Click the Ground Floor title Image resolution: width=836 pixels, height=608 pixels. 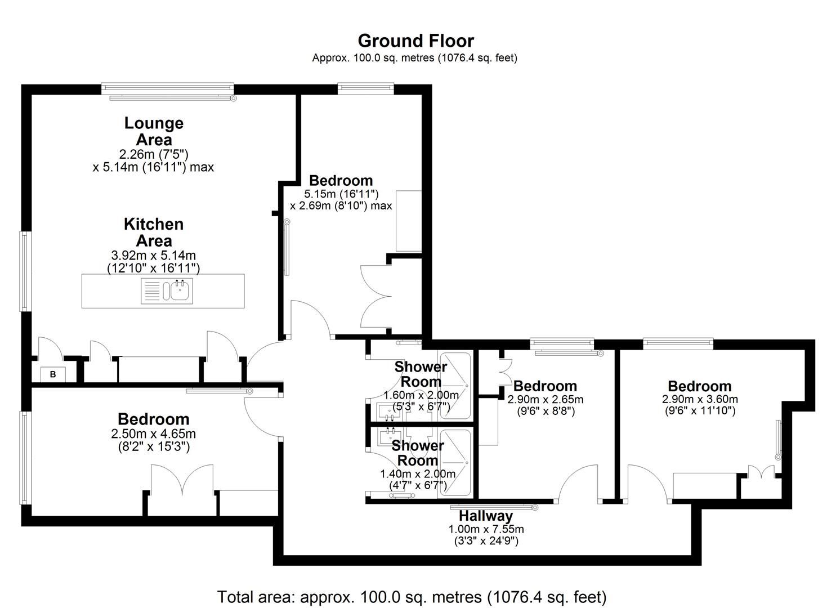[416, 41]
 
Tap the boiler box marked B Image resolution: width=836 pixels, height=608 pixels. [53, 374]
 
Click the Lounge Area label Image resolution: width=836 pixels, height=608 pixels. [154, 131]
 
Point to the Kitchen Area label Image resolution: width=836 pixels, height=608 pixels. [154, 232]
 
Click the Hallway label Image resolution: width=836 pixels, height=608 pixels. [485, 516]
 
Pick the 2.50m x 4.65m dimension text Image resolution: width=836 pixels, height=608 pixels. [153, 433]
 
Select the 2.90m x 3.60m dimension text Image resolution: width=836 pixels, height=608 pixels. [700, 399]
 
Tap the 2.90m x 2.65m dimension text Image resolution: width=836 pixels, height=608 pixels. [546, 399]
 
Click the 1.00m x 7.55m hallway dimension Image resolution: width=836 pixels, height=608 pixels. [486, 529]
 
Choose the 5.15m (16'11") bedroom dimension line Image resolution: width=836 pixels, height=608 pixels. [341, 194]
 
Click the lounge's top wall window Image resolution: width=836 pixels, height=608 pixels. [168, 88]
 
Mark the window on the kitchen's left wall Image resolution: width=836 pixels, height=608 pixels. [25, 271]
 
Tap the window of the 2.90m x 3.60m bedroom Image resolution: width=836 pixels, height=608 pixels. [678, 343]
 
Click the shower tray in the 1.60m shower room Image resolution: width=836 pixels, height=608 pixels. [455, 386]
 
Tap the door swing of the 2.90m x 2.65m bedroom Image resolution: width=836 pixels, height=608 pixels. [578, 484]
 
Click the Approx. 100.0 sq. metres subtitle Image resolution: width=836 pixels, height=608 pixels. [415, 58]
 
